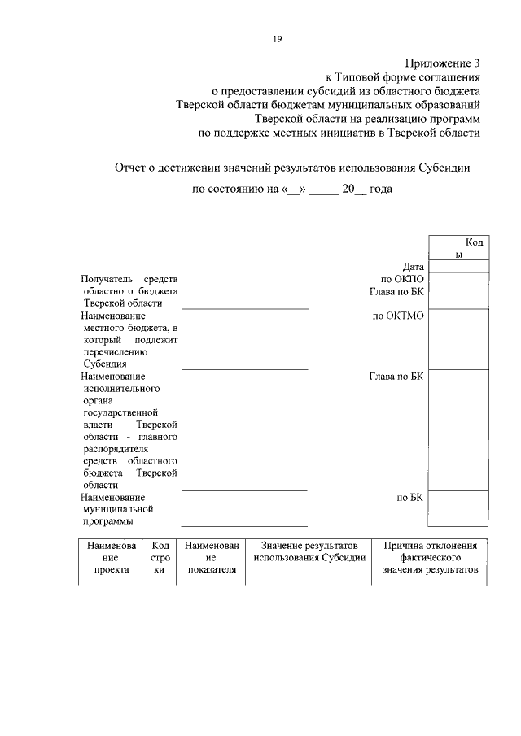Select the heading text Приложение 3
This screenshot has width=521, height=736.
click(x=443, y=63)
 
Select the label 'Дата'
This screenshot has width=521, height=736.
click(x=414, y=266)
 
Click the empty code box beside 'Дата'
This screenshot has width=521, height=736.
click(x=458, y=266)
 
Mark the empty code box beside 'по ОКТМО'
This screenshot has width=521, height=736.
click(x=458, y=338)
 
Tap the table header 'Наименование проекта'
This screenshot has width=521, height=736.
click(x=111, y=557)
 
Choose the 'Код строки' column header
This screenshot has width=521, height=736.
click(x=160, y=557)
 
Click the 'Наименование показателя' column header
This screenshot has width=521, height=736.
click(x=211, y=557)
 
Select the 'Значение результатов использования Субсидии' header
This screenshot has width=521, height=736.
click(x=309, y=551)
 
